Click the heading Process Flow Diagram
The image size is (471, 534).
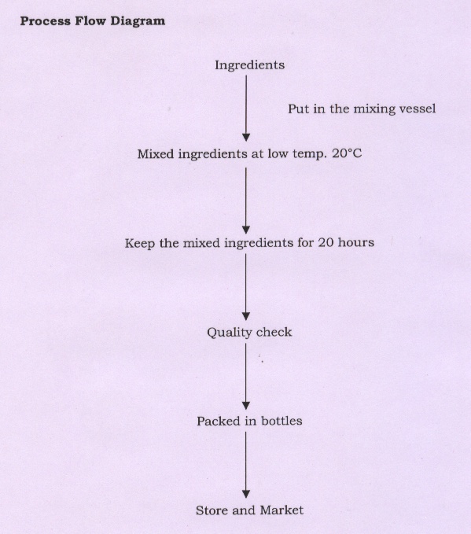click(93, 20)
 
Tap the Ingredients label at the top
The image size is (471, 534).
click(249, 65)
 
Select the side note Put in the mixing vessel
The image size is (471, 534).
click(362, 109)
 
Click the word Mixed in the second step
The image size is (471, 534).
click(156, 154)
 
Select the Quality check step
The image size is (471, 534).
click(249, 333)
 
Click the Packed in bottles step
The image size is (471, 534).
click(249, 422)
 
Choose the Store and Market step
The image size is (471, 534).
click(249, 510)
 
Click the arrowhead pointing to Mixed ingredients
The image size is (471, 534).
click(246, 138)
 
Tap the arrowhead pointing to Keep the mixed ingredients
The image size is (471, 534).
click(246, 230)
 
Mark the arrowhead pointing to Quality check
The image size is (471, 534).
click(246, 316)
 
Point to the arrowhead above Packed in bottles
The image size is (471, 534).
click(246, 406)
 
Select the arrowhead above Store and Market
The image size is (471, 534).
click(246, 494)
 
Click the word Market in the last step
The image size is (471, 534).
click(281, 510)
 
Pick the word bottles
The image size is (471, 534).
click(281, 422)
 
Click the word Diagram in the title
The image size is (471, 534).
click(138, 21)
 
